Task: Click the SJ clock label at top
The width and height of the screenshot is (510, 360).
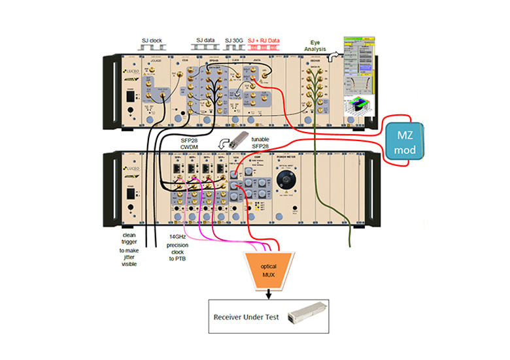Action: pyautogui.click(x=152, y=41)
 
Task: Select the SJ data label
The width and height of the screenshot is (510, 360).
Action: pyautogui.click(x=203, y=41)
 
